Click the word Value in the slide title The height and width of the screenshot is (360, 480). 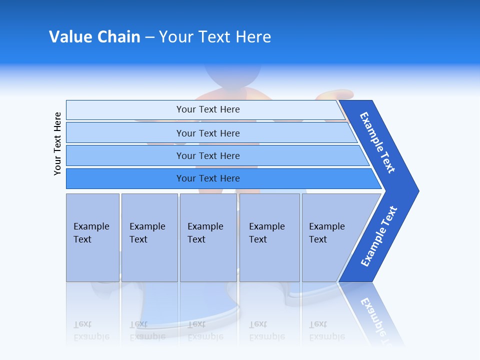[69, 37]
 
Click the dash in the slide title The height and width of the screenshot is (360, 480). [149, 37]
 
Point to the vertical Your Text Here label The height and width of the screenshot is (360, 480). [57, 143]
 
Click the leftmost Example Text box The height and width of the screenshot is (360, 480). [92, 237]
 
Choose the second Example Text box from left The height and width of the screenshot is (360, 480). [149, 237]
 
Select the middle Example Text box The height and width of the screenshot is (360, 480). [208, 237]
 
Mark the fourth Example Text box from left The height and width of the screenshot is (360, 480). [269, 237]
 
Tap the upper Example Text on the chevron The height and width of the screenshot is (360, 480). [378, 142]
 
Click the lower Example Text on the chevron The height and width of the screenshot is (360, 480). [378, 236]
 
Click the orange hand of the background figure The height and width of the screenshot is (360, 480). [335, 93]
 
